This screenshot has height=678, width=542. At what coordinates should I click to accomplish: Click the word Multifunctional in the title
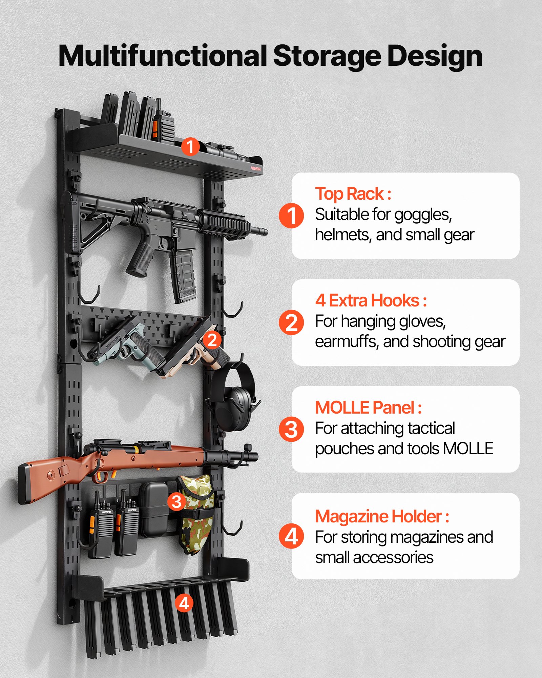click(163, 56)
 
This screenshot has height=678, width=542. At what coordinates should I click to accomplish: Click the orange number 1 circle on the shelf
click(190, 146)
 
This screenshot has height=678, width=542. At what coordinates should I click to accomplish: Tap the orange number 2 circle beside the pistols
click(212, 340)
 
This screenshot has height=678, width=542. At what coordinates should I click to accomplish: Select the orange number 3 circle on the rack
click(176, 501)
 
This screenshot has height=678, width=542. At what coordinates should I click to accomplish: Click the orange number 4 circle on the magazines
click(184, 603)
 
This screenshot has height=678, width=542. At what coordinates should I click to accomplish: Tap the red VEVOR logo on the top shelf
click(255, 168)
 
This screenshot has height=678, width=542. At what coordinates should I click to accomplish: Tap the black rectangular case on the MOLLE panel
click(154, 509)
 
